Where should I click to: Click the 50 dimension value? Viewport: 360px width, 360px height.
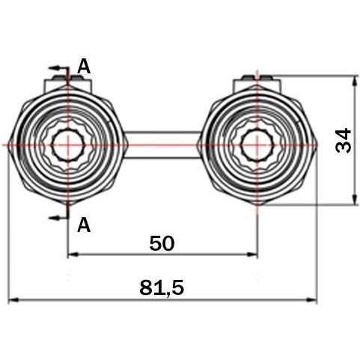point(162,243)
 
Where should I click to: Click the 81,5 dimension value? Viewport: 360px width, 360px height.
point(162,287)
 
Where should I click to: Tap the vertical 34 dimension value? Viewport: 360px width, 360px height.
point(344,140)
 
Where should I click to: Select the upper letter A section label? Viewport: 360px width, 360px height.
point(84,67)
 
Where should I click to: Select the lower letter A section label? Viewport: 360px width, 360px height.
point(84,225)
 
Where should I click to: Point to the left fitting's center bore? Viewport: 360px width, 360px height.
point(67,144)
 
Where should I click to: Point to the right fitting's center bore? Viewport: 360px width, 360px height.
point(257,144)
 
